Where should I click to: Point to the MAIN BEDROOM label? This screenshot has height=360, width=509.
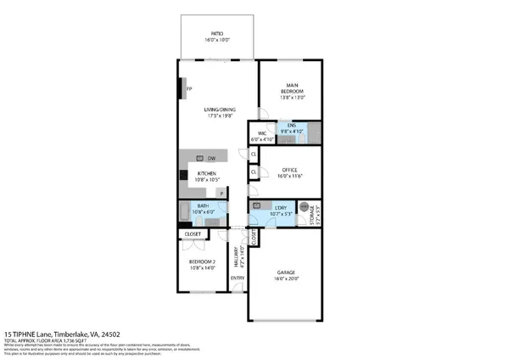click(x=291, y=86)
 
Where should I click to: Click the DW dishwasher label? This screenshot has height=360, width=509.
click(x=210, y=158)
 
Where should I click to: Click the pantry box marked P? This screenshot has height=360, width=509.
click(x=221, y=194)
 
